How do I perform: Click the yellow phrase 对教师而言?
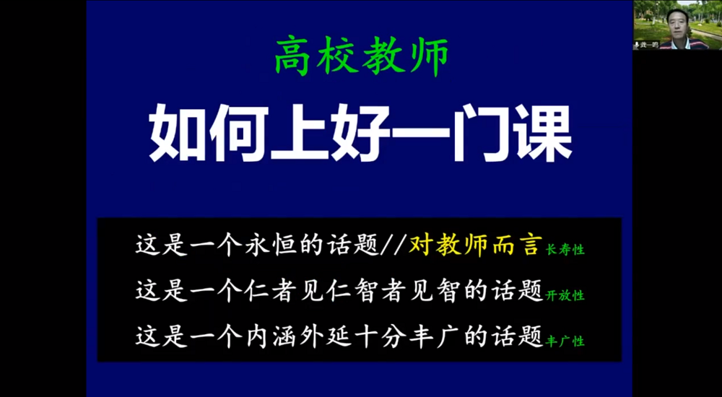click(x=474, y=245)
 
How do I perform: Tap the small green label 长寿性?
click(x=565, y=250)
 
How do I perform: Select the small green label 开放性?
click(x=565, y=296)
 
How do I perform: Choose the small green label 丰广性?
click(x=565, y=341)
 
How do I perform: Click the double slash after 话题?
click(x=393, y=245)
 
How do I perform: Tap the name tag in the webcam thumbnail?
click(x=646, y=45)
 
